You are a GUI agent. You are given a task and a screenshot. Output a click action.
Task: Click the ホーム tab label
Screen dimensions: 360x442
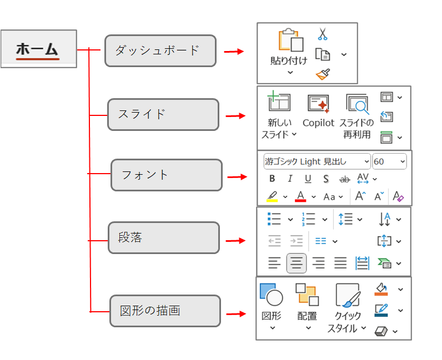38,49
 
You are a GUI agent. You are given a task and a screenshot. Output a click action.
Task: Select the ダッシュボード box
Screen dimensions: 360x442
160,50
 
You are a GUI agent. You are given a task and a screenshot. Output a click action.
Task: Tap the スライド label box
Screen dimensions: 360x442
163,115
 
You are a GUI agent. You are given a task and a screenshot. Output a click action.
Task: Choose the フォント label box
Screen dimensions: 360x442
166,175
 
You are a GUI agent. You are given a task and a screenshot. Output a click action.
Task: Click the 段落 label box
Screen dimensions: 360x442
163,238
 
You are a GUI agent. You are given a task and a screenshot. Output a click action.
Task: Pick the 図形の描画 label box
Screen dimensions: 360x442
164,311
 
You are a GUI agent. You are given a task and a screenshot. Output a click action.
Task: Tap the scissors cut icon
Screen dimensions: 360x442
323,34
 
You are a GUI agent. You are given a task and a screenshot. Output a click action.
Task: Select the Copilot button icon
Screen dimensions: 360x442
318,104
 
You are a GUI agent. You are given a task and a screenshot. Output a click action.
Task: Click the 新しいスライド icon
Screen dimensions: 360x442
279,103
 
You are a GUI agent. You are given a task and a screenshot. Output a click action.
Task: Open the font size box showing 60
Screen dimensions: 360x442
389,161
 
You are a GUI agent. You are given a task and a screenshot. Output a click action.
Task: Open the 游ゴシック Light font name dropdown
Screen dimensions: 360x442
317,161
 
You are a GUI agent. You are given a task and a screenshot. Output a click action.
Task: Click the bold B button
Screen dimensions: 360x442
272,179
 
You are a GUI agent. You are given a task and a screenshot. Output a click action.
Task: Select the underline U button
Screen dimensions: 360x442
308,179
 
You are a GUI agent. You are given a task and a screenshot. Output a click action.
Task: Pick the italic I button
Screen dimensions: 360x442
290,179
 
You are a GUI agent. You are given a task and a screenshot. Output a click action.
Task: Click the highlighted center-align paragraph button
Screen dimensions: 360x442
297,263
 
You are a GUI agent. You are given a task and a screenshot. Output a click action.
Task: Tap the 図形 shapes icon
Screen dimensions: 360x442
272,295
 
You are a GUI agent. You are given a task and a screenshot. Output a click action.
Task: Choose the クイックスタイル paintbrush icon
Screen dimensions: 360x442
348,295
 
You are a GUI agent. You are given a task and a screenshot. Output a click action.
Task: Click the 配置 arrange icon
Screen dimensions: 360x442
307,295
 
